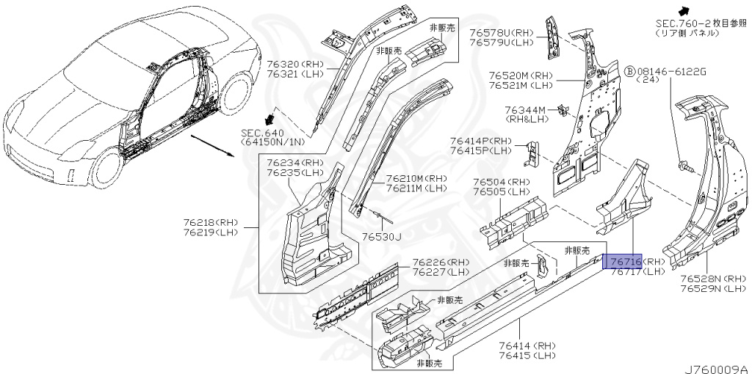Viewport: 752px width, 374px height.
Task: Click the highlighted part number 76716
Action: tap(622, 261)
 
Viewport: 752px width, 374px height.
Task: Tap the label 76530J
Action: tap(382, 236)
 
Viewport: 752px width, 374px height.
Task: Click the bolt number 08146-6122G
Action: tap(671, 71)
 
